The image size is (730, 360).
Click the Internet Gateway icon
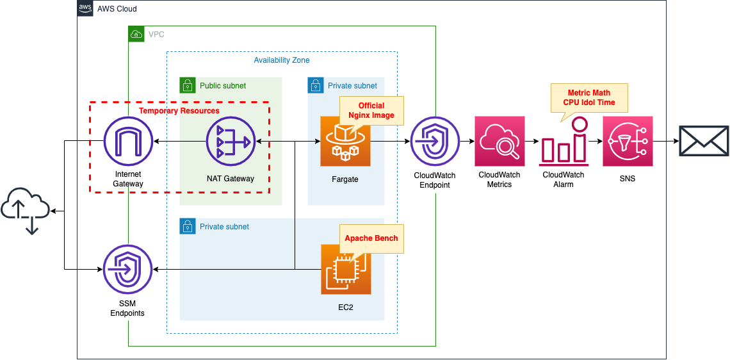[x=128, y=141]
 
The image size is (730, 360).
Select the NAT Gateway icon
[x=231, y=141]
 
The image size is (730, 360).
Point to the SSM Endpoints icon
[x=128, y=270]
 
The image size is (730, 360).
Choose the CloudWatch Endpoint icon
[x=435, y=141]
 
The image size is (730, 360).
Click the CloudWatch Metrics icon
[x=499, y=141]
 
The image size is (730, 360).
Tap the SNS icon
[x=628, y=141]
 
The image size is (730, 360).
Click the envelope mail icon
[x=704, y=141]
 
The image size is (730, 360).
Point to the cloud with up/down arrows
[x=26, y=211]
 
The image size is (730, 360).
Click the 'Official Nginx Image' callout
[x=371, y=110]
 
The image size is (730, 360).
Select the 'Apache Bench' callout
[x=371, y=238]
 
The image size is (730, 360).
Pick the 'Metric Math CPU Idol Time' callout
[x=589, y=97]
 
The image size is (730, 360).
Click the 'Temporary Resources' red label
[x=179, y=111]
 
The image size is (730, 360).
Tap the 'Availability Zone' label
[x=282, y=60]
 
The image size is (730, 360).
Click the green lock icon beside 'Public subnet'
[x=187, y=85]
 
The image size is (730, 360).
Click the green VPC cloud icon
[x=136, y=34]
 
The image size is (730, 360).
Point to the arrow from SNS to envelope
[x=665, y=141]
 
